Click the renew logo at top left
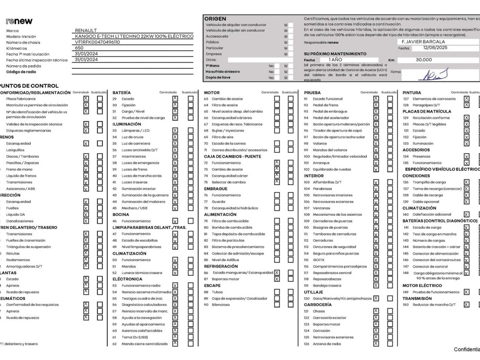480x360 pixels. coord(20,21)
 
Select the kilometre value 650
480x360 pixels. coord(79,48)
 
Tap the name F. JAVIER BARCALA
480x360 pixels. coord(423,41)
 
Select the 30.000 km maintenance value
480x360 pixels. coord(424,60)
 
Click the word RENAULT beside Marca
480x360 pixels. coord(86,30)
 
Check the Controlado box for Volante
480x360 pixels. coord(376,143)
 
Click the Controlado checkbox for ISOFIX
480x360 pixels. coord(376,260)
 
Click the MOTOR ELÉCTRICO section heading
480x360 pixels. coord(422,285)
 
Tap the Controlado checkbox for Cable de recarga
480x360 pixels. coord(466,195)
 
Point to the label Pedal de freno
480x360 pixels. coord(326,105)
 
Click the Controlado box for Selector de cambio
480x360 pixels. coord(277,182)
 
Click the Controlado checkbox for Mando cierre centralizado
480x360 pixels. coord(175,344)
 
